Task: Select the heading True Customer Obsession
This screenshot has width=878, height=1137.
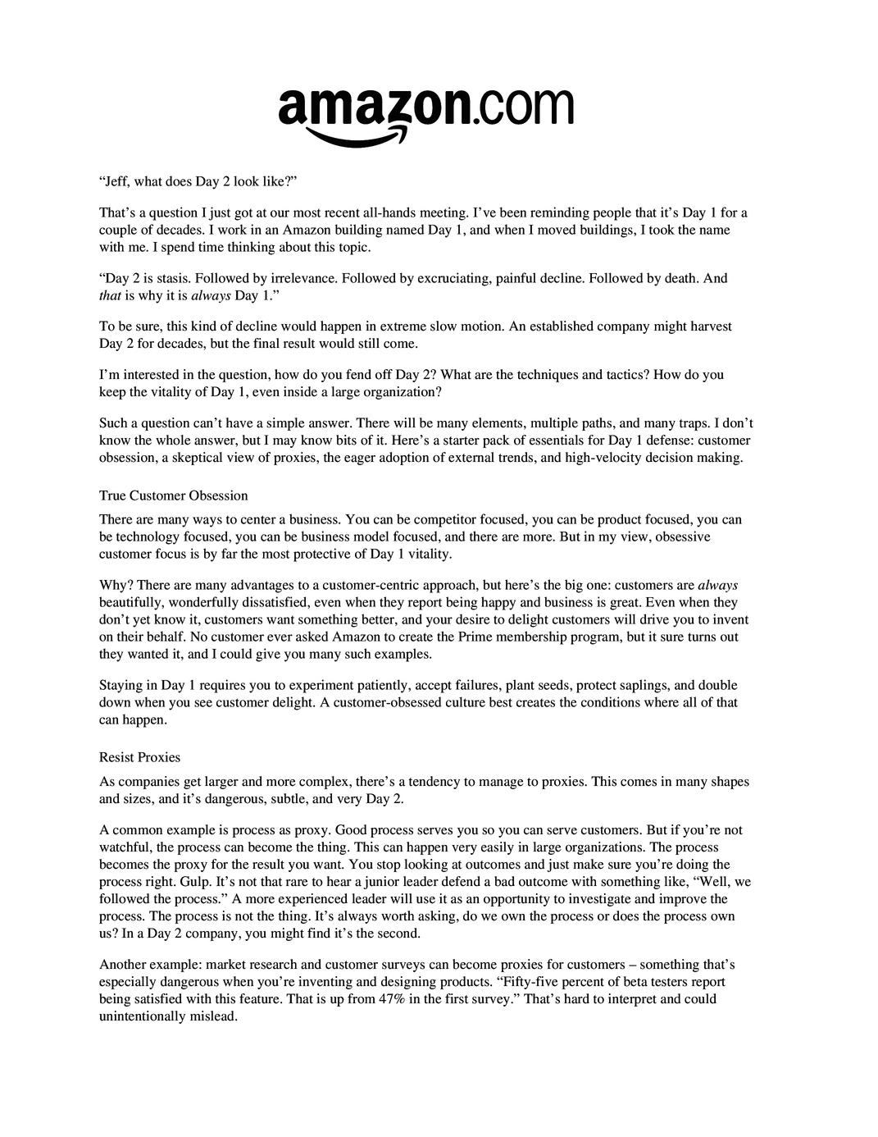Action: pyautogui.click(x=173, y=495)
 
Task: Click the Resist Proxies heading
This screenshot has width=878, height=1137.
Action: pyautogui.click(x=139, y=757)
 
